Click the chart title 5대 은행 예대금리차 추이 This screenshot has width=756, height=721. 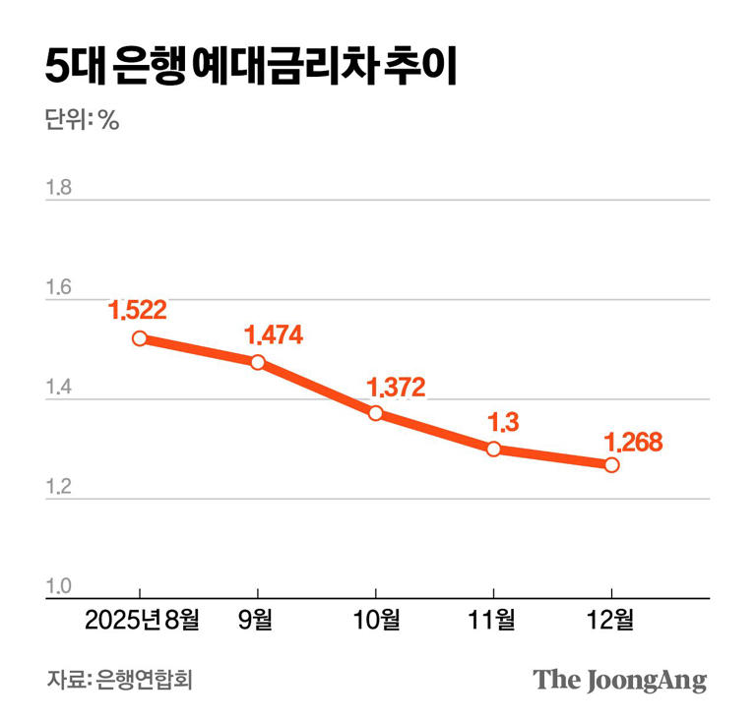tap(251, 66)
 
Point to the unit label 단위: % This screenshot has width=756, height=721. tap(82, 119)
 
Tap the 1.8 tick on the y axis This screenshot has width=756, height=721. tap(59, 187)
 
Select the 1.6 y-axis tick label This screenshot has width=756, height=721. tap(59, 287)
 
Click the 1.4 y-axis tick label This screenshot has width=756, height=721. tap(59, 387)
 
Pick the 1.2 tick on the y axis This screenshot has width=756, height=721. tap(59, 487)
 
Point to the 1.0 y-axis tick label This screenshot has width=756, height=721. tap(59, 586)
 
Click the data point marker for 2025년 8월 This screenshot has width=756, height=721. tap(140, 338)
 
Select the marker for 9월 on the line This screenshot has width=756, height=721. tap(258, 362)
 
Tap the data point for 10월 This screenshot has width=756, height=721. tap(376, 413)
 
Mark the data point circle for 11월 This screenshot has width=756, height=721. tap(494, 449)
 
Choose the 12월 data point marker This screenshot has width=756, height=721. tap(611, 465)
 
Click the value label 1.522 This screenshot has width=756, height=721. tap(138, 310)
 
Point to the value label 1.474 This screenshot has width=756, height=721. tap(274, 334)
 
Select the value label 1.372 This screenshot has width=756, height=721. tap(397, 388)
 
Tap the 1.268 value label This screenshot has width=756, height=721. tap(634, 442)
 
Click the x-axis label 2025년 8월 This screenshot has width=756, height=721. tap(142, 620)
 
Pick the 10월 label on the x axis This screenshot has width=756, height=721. tap(377, 620)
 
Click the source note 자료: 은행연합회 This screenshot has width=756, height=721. tap(119, 680)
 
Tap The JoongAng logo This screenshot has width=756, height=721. tap(620, 681)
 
